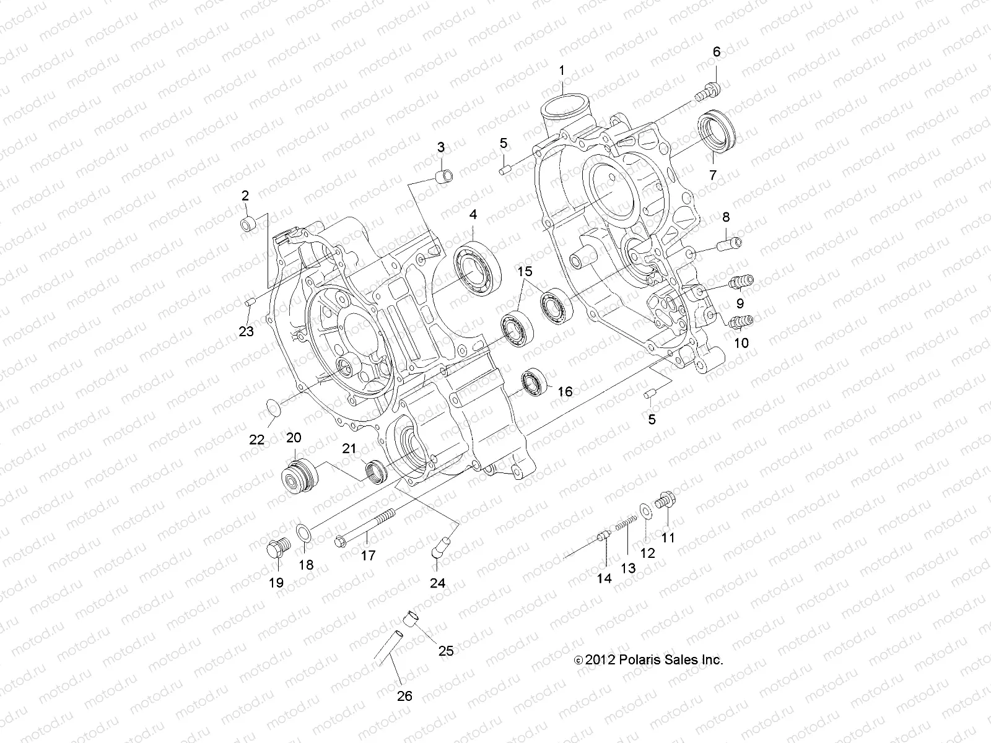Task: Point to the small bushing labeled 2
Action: point(248,221)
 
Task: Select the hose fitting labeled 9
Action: point(740,282)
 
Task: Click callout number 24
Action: point(438,583)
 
